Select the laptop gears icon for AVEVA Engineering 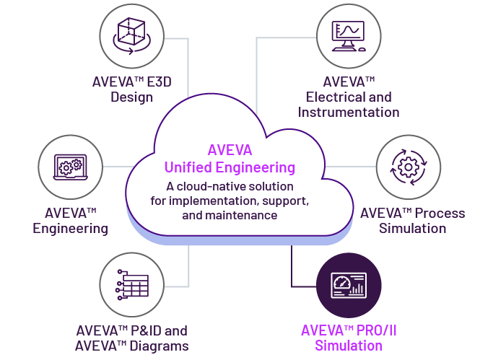(70, 166)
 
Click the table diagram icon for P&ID (134, 284)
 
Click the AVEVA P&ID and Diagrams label (132, 338)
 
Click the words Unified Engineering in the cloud (230, 167)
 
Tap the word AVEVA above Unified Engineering (230, 151)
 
